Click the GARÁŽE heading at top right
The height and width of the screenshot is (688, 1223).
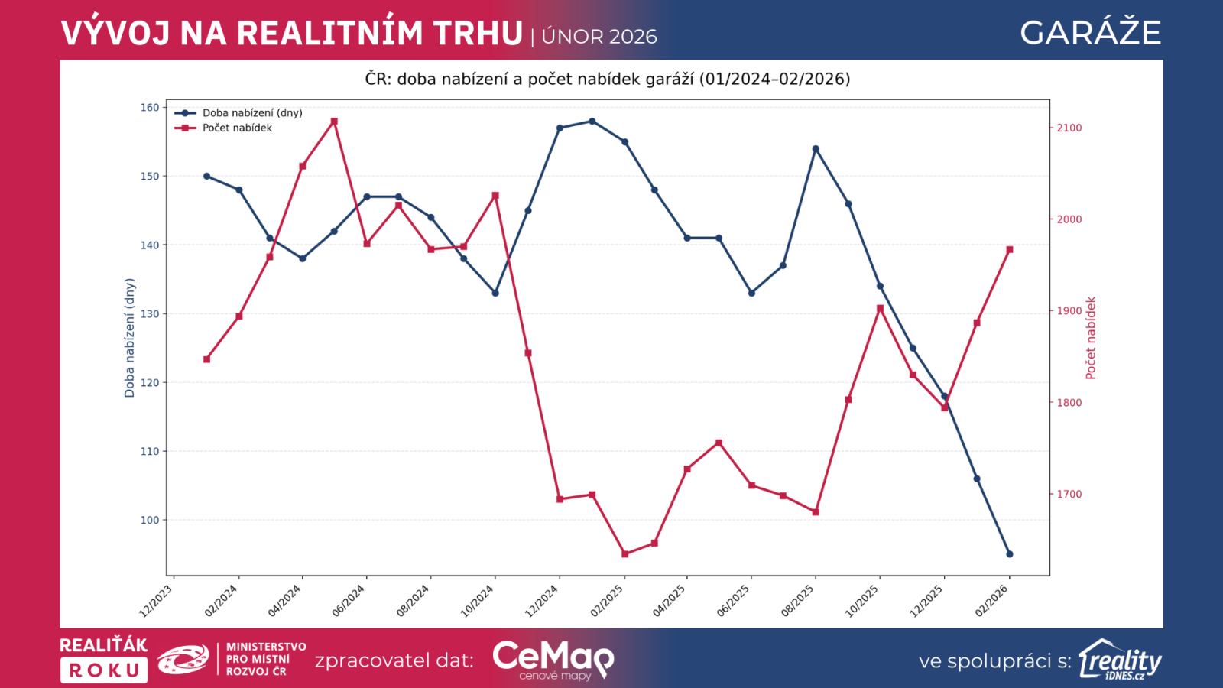click(x=1090, y=33)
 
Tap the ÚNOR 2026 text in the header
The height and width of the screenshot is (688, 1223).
click(x=599, y=37)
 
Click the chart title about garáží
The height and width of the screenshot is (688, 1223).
click(x=608, y=79)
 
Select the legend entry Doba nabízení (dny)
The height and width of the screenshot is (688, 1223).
click(x=252, y=113)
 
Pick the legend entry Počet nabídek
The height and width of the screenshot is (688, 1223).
click(x=237, y=128)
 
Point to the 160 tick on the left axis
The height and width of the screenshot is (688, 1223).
click(x=150, y=108)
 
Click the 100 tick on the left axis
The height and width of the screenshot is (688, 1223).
click(x=150, y=520)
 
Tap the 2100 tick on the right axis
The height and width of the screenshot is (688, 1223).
click(x=1069, y=128)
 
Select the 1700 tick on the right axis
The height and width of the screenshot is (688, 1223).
click(x=1069, y=494)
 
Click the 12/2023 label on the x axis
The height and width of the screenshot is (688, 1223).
click(x=156, y=601)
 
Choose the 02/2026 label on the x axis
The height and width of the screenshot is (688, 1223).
click(x=992, y=601)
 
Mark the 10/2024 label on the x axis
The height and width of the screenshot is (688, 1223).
click(x=478, y=601)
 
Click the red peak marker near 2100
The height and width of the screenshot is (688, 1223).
click(x=334, y=122)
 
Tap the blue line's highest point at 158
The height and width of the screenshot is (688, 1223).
click(x=592, y=121)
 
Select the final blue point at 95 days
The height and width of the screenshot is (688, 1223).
click(x=1009, y=554)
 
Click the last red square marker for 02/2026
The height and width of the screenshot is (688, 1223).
click(x=1009, y=249)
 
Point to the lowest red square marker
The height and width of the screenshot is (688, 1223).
click(x=624, y=554)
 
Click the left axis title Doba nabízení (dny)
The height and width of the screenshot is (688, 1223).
click(x=129, y=337)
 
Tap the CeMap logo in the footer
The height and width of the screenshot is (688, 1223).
click(x=553, y=659)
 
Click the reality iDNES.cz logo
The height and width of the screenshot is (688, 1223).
click(x=1121, y=660)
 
